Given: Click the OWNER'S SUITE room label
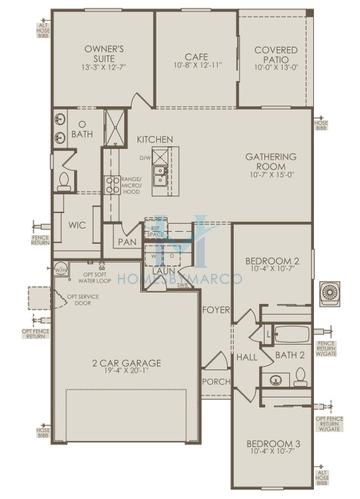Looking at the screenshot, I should [103, 49].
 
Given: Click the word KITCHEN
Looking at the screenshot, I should [156, 139].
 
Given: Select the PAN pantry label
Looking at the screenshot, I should [126, 241].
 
